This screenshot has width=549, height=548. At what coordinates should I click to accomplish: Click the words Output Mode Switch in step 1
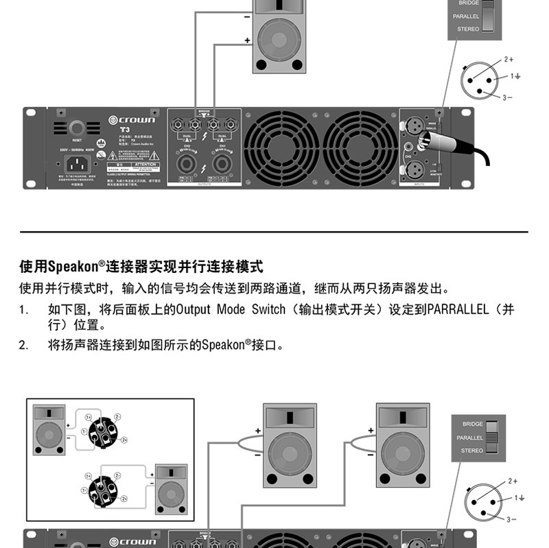point(230,310)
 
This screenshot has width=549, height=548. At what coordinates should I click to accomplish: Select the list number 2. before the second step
point(24,346)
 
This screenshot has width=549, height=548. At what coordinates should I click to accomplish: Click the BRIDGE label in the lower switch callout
point(472,424)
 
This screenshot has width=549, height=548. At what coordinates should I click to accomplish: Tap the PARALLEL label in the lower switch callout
point(470,437)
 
